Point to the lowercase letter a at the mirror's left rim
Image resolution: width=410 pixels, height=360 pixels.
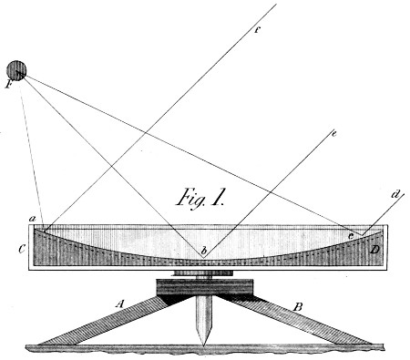coord(32,219)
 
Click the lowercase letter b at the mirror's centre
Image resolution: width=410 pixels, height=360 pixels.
coord(205,249)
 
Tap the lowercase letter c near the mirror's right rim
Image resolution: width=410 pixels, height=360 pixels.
coord(351,235)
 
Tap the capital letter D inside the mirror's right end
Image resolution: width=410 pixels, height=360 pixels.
coord(375,248)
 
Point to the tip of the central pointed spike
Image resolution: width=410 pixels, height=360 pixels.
coord(204,343)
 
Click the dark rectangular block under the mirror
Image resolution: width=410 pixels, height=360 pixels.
coord(204,287)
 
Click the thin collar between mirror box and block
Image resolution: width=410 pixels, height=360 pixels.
coord(204,273)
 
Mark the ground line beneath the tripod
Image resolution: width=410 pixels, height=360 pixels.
coord(204,347)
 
